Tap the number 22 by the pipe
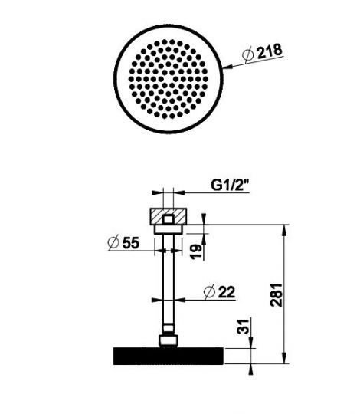(225, 292)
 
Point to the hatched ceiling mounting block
(167, 213)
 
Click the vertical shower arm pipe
(167, 284)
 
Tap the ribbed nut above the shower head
(167, 338)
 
